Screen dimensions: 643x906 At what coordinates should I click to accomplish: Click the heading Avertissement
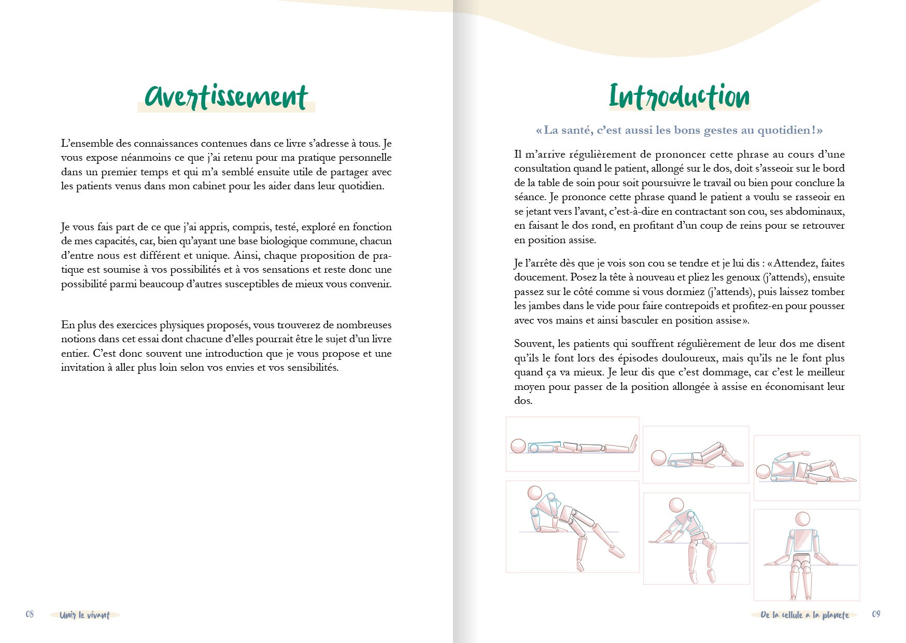coord(227,97)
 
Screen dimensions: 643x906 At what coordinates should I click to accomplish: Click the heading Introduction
coord(679,97)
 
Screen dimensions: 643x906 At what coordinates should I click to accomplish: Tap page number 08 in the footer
coord(30,614)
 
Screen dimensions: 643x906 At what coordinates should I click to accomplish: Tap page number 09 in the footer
coord(876,614)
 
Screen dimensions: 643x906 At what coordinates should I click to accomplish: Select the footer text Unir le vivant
coord(84,616)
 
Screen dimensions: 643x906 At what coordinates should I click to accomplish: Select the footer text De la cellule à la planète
coord(804,616)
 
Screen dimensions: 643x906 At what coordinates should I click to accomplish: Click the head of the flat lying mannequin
coord(518,446)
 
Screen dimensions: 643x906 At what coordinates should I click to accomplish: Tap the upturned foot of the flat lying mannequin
coord(633,443)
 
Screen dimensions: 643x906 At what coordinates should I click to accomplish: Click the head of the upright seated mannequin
coord(802,519)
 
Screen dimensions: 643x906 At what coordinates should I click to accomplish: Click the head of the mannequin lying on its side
coord(763,472)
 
